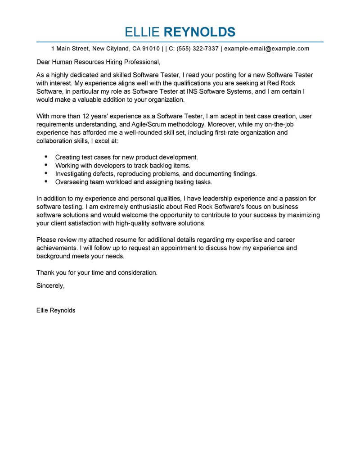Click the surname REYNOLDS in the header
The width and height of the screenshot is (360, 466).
click(x=200, y=32)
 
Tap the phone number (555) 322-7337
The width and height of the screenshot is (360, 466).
click(x=198, y=49)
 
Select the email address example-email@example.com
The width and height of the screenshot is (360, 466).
click(x=267, y=49)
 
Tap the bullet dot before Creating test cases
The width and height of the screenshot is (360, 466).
click(x=46, y=157)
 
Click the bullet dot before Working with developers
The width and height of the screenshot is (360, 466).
click(x=46, y=165)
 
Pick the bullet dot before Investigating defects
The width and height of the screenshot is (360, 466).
click(x=46, y=173)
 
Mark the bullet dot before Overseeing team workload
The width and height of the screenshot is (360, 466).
click(x=46, y=181)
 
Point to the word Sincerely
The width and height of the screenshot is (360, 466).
click(x=50, y=285)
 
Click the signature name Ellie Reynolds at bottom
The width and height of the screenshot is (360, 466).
click(x=56, y=310)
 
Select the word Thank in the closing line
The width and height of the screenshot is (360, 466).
click(x=45, y=272)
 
